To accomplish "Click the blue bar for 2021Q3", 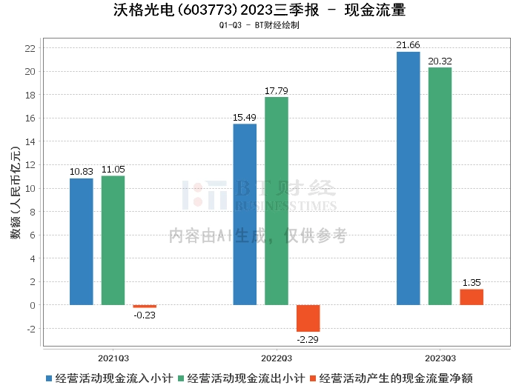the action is click(82, 241).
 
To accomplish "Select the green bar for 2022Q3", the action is click(277, 201).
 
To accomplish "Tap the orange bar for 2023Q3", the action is click(472, 297).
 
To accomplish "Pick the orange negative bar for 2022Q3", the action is click(308, 318).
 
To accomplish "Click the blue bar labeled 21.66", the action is click(408, 178).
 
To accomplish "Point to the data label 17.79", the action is click(277, 91).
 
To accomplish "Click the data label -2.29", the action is click(308, 339).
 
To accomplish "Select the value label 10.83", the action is click(82, 172).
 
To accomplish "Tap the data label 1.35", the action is click(472, 283).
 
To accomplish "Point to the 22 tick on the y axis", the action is click(30, 48).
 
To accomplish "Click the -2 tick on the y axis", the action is click(31, 329).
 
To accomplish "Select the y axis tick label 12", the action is click(30, 165).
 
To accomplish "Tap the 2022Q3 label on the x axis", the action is click(277, 358).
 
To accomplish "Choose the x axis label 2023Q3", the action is click(440, 358).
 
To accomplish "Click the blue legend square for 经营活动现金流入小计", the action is click(49, 378).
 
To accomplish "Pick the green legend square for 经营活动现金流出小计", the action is click(181, 378).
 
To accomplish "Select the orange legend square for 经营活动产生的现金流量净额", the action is click(313, 378).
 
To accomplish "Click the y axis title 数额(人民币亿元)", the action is click(16, 193).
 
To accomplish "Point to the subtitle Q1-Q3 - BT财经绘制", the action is click(259, 25).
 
